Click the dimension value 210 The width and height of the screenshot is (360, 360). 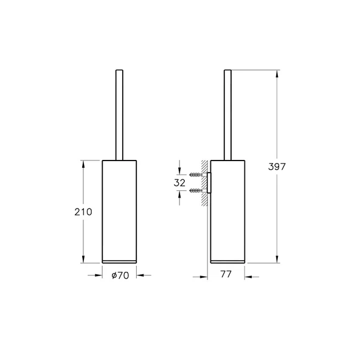(x=83, y=212)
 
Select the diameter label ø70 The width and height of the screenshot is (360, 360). (x=119, y=275)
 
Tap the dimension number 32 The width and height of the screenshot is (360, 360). (x=179, y=182)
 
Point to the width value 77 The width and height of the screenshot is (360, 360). (x=225, y=275)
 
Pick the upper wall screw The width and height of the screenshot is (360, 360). (x=197, y=175)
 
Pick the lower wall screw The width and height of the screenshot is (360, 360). (x=197, y=191)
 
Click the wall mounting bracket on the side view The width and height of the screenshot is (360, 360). (x=209, y=183)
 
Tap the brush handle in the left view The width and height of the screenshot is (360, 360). (x=119, y=116)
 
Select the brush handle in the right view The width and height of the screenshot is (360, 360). (x=228, y=116)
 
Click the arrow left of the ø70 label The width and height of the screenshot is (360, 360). (x=97, y=275)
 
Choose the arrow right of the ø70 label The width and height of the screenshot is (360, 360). (x=141, y=275)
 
